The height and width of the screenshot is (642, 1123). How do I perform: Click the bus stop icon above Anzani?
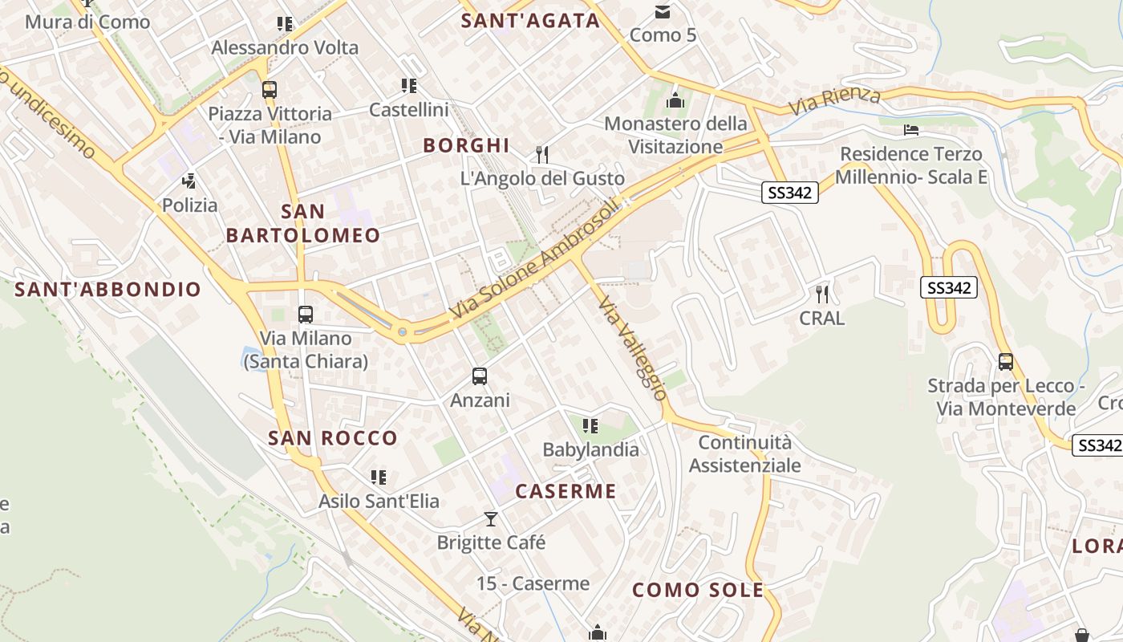[x=480, y=376]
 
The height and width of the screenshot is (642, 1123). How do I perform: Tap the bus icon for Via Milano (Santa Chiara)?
[x=305, y=315]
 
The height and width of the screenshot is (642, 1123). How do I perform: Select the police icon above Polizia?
[x=189, y=181]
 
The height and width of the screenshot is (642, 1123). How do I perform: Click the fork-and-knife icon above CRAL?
[x=821, y=294]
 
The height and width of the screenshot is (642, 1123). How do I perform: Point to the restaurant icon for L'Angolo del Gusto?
[x=542, y=154]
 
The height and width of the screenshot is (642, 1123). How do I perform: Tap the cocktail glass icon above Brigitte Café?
[x=491, y=519]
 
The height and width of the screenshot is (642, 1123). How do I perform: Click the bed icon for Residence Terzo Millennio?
[x=910, y=129]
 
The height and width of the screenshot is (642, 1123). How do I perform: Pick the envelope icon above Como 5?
[x=663, y=11]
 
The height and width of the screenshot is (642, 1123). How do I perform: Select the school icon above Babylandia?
[x=590, y=425]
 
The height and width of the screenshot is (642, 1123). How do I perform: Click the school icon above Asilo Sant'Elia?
[x=379, y=477]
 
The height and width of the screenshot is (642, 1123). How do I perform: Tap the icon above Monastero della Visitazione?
[x=675, y=100]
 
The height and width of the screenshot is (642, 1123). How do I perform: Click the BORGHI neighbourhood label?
[x=466, y=145]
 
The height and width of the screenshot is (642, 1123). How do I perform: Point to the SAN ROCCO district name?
[x=333, y=438]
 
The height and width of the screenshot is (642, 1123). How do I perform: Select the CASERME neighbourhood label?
[x=566, y=491]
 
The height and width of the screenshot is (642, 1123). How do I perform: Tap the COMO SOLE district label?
[x=698, y=591]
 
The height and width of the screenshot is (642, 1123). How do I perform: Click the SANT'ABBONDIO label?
[x=107, y=290]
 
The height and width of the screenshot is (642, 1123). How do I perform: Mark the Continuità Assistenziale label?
[x=745, y=454]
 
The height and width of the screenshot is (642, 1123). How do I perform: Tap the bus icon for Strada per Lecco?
[x=1006, y=362]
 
